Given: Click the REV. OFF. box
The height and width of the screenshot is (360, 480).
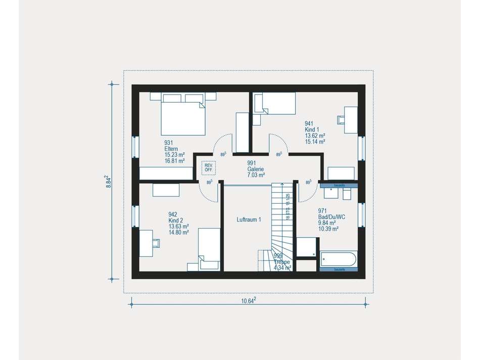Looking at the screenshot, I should (x=208, y=167).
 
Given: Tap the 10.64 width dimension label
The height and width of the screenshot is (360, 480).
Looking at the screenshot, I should (x=248, y=301).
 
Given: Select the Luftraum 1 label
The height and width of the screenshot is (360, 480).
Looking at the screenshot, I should (x=249, y=220).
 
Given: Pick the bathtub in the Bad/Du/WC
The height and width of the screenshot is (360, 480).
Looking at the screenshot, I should (x=338, y=260).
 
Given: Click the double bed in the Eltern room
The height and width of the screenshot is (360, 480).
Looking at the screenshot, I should (x=183, y=115).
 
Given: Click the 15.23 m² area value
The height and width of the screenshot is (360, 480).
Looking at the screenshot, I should (x=174, y=155).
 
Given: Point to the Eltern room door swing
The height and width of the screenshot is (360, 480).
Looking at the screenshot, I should (x=223, y=144).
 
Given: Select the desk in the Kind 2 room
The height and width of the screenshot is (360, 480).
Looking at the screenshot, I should (x=147, y=242).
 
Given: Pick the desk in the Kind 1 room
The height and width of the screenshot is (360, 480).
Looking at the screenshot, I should (x=350, y=120).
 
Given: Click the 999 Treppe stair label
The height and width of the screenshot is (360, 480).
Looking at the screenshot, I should (x=282, y=262).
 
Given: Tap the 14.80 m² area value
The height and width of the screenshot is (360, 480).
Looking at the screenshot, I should (x=178, y=233).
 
